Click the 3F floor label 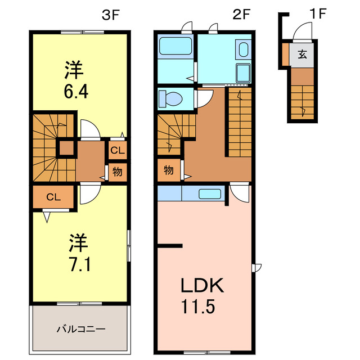pyautogui.click(x=111, y=15)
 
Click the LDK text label pyautogui.click(x=202, y=286)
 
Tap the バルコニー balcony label pyautogui.click(x=80, y=328)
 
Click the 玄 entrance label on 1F pyautogui.click(x=303, y=55)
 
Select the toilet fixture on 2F pyautogui.click(x=171, y=99)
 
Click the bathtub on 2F pyautogui.click(x=176, y=46)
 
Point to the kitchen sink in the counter pyautogui.click(x=209, y=194)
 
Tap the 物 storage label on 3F pyautogui.click(x=117, y=172)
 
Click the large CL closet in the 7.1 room pyautogui.click(x=53, y=197)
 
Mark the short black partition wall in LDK pyautogui.click(x=170, y=245)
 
